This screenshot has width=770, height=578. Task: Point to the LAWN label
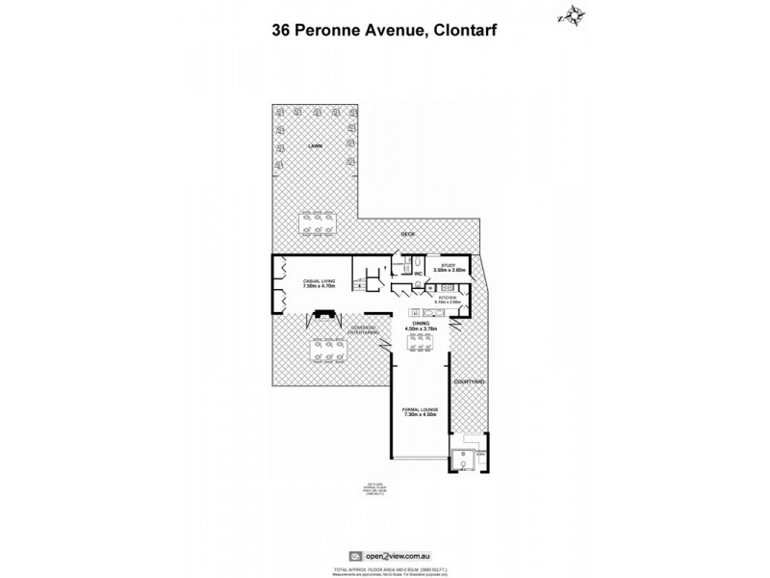pyautogui.click(x=314, y=145)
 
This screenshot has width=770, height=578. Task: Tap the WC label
pyautogui.click(x=419, y=274)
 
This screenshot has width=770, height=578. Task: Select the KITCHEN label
pyautogui.click(x=449, y=299)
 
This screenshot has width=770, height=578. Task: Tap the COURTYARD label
pyautogui.click(x=469, y=381)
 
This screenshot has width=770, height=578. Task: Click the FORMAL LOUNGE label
pyautogui.click(x=421, y=409)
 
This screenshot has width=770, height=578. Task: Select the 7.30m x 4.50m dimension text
pyautogui.click(x=421, y=416)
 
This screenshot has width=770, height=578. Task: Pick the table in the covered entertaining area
pyautogui.click(x=322, y=353)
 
